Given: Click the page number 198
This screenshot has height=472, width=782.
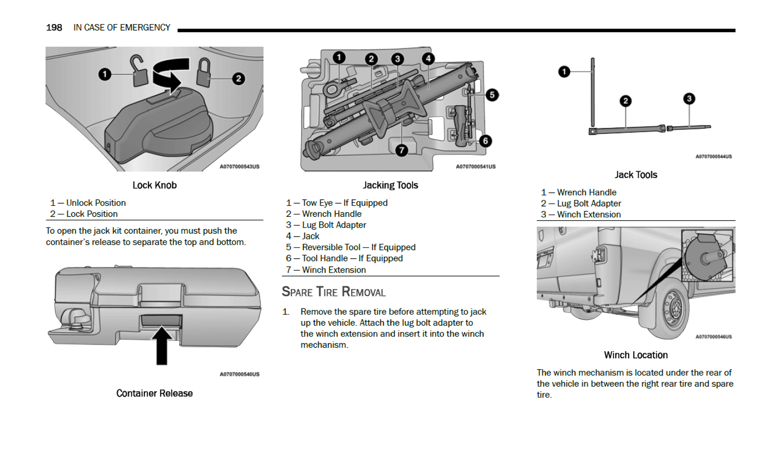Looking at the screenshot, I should pyautogui.click(x=54, y=28).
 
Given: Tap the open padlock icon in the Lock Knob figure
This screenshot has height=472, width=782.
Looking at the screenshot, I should pyautogui.click(x=139, y=72).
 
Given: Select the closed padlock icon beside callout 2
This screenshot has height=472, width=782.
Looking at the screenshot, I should pyautogui.click(x=203, y=73).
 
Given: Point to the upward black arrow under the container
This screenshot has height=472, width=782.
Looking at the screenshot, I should pyautogui.click(x=162, y=345).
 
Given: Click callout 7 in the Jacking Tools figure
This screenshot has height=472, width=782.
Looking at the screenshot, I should pyautogui.click(x=401, y=150).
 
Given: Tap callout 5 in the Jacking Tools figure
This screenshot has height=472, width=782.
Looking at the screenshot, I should pyautogui.click(x=492, y=95).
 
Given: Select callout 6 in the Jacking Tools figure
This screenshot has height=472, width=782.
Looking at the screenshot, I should pyautogui.click(x=485, y=141).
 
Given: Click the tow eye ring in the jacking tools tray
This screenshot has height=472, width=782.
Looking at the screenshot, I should pyautogui.click(x=332, y=89).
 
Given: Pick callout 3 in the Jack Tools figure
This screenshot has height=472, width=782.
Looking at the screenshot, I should pyautogui.click(x=689, y=99).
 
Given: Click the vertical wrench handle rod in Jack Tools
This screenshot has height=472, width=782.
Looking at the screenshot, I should pyautogui.click(x=592, y=92).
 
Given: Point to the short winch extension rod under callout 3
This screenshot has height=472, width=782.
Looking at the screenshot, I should pyautogui.click(x=689, y=128).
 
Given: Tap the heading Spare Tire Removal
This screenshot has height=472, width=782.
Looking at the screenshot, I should pyautogui.click(x=334, y=292).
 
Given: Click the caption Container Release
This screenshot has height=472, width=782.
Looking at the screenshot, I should pyautogui.click(x=154, y=393).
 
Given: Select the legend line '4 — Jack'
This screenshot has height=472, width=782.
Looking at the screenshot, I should pyautogui.click(x=303, y=236).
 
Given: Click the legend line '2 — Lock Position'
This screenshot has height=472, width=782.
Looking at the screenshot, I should pyautogui.click(x=84, y=214).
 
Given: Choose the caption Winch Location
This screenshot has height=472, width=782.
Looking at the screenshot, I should pyautogui.click(x=636, y=355).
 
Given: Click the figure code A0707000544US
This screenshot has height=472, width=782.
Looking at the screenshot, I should pyautogui.click(x=713, y=157).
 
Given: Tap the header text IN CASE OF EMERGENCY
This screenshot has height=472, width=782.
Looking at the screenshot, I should pyautogui.click(x=122, y=28).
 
